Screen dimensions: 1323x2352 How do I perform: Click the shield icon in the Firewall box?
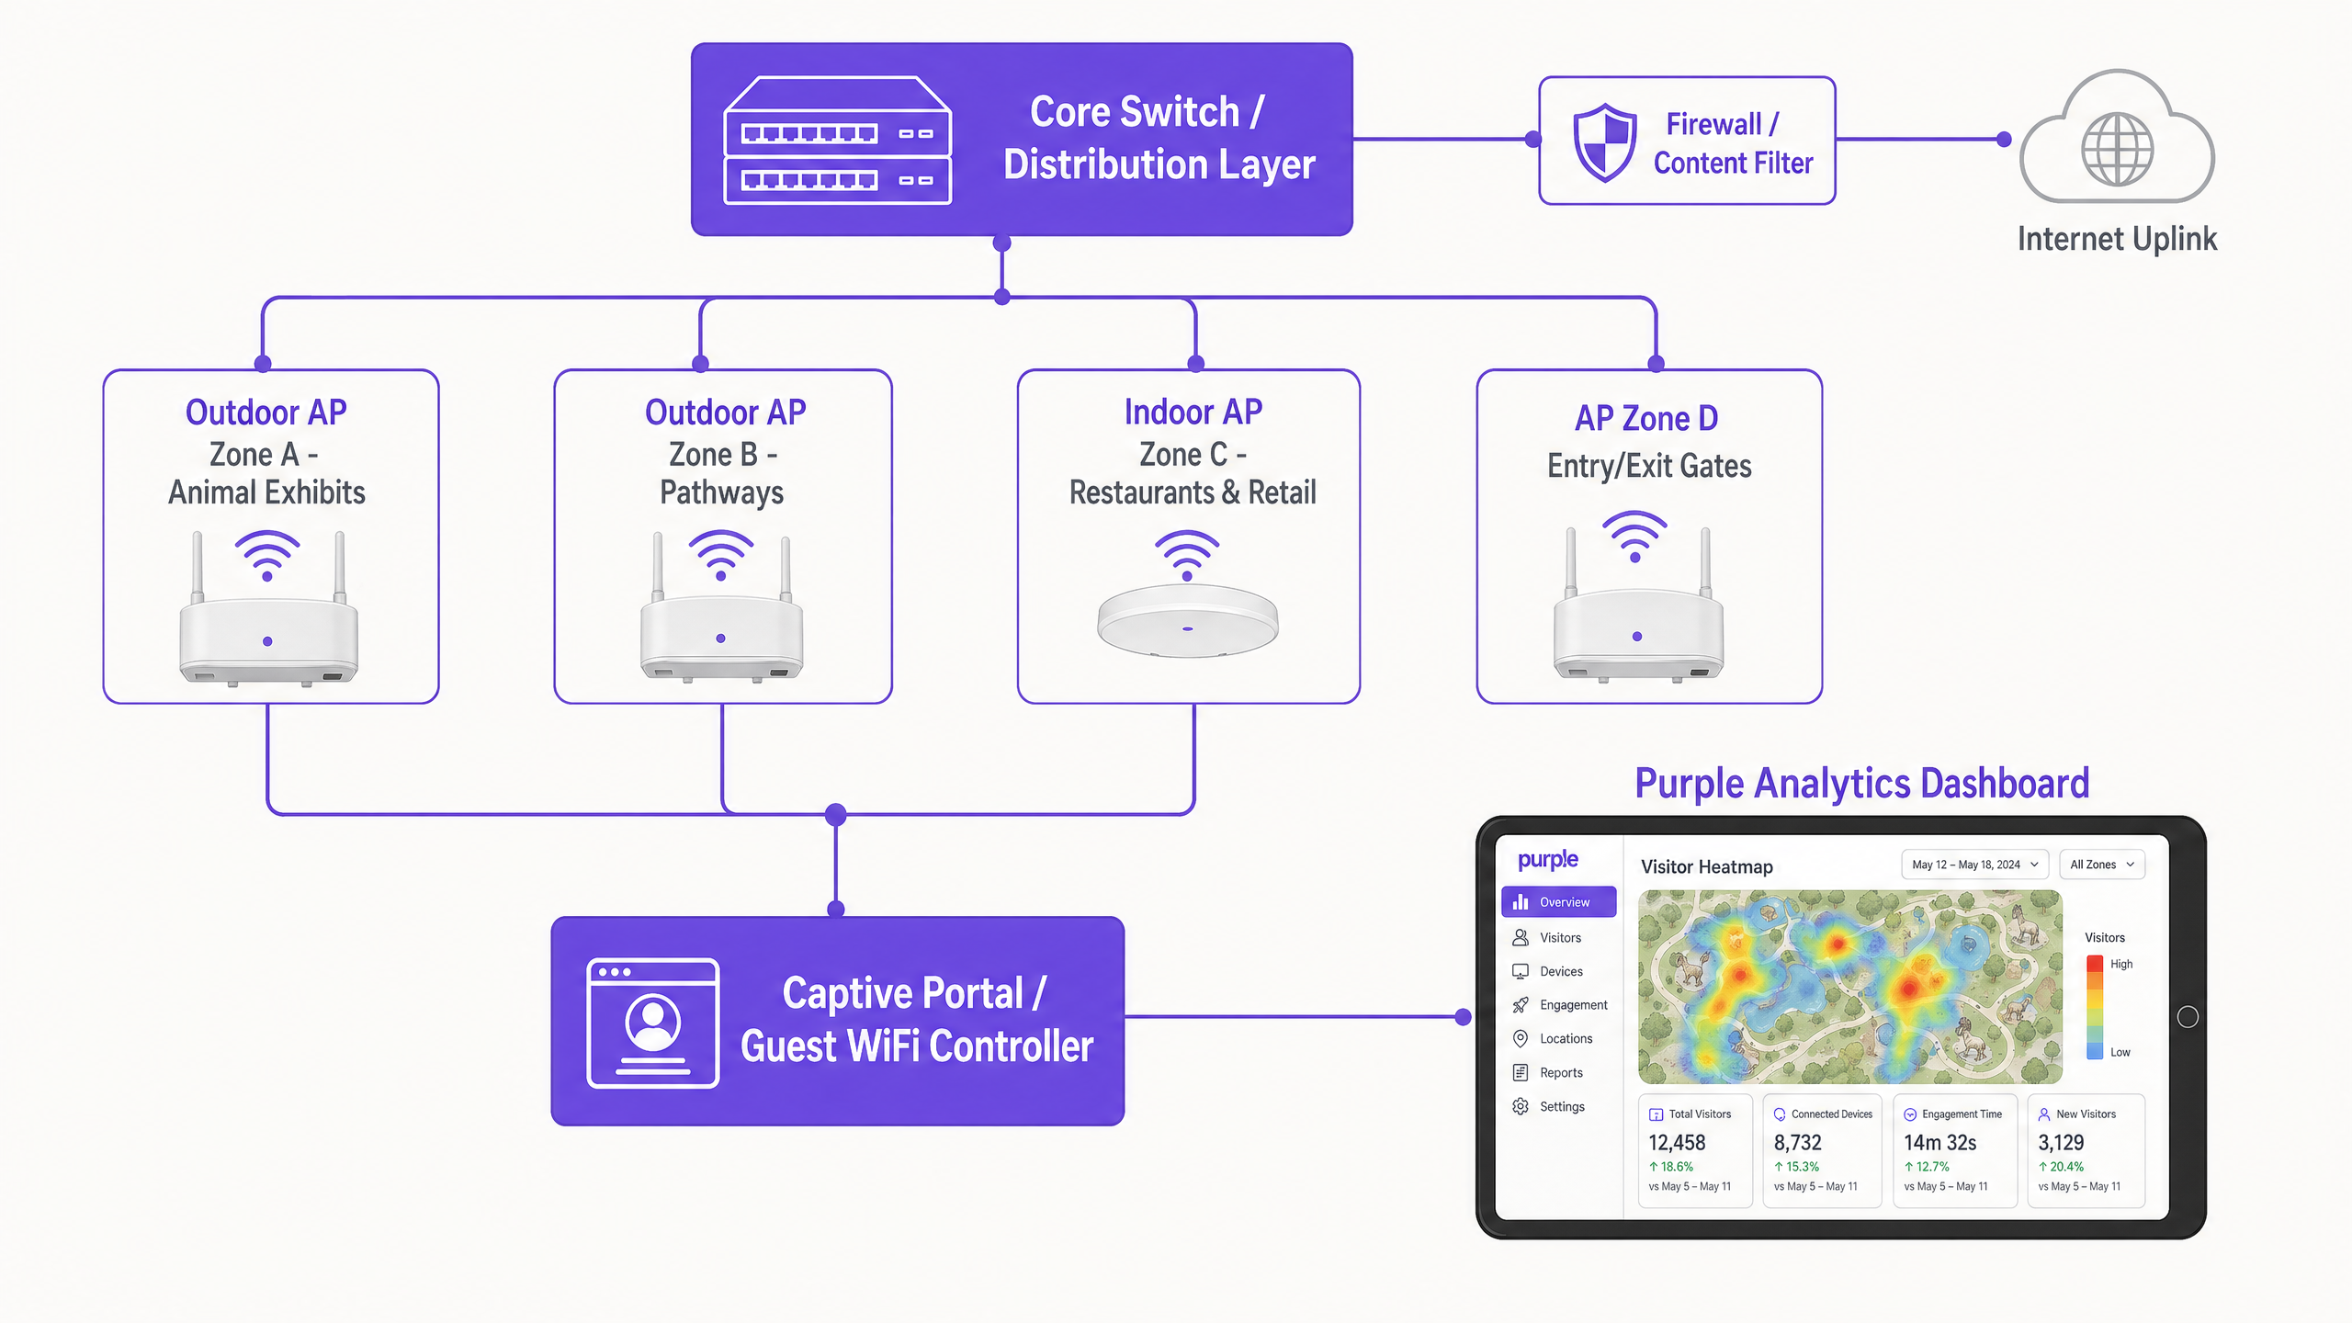(1604, 142)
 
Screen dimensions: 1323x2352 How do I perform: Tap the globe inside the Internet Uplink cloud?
(2117, 149)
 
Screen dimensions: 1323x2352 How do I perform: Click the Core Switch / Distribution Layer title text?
(1159, 138)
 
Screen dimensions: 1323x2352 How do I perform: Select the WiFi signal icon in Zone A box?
(266, 555)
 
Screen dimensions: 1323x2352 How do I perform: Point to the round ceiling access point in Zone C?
(1187, 621)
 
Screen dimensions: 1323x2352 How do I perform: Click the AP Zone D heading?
(1646, 419)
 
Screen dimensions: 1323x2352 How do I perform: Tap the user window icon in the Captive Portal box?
(652, 1023)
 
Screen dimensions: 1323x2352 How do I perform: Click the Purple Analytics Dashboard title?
(1861, 784)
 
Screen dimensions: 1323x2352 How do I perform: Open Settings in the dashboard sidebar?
(1561, 1107)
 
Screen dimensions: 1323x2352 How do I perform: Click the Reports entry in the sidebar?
(1560, 1073)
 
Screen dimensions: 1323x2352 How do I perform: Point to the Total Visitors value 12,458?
(1677, 1143)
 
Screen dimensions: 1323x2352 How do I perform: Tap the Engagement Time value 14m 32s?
(1939, 1143)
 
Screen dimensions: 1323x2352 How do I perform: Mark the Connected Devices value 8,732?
(1797, 1143)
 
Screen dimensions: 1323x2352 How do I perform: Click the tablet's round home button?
(2188, 1017)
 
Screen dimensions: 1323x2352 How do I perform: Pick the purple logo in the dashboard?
(1548, 860)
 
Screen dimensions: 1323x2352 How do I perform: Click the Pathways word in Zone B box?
(722, 493)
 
